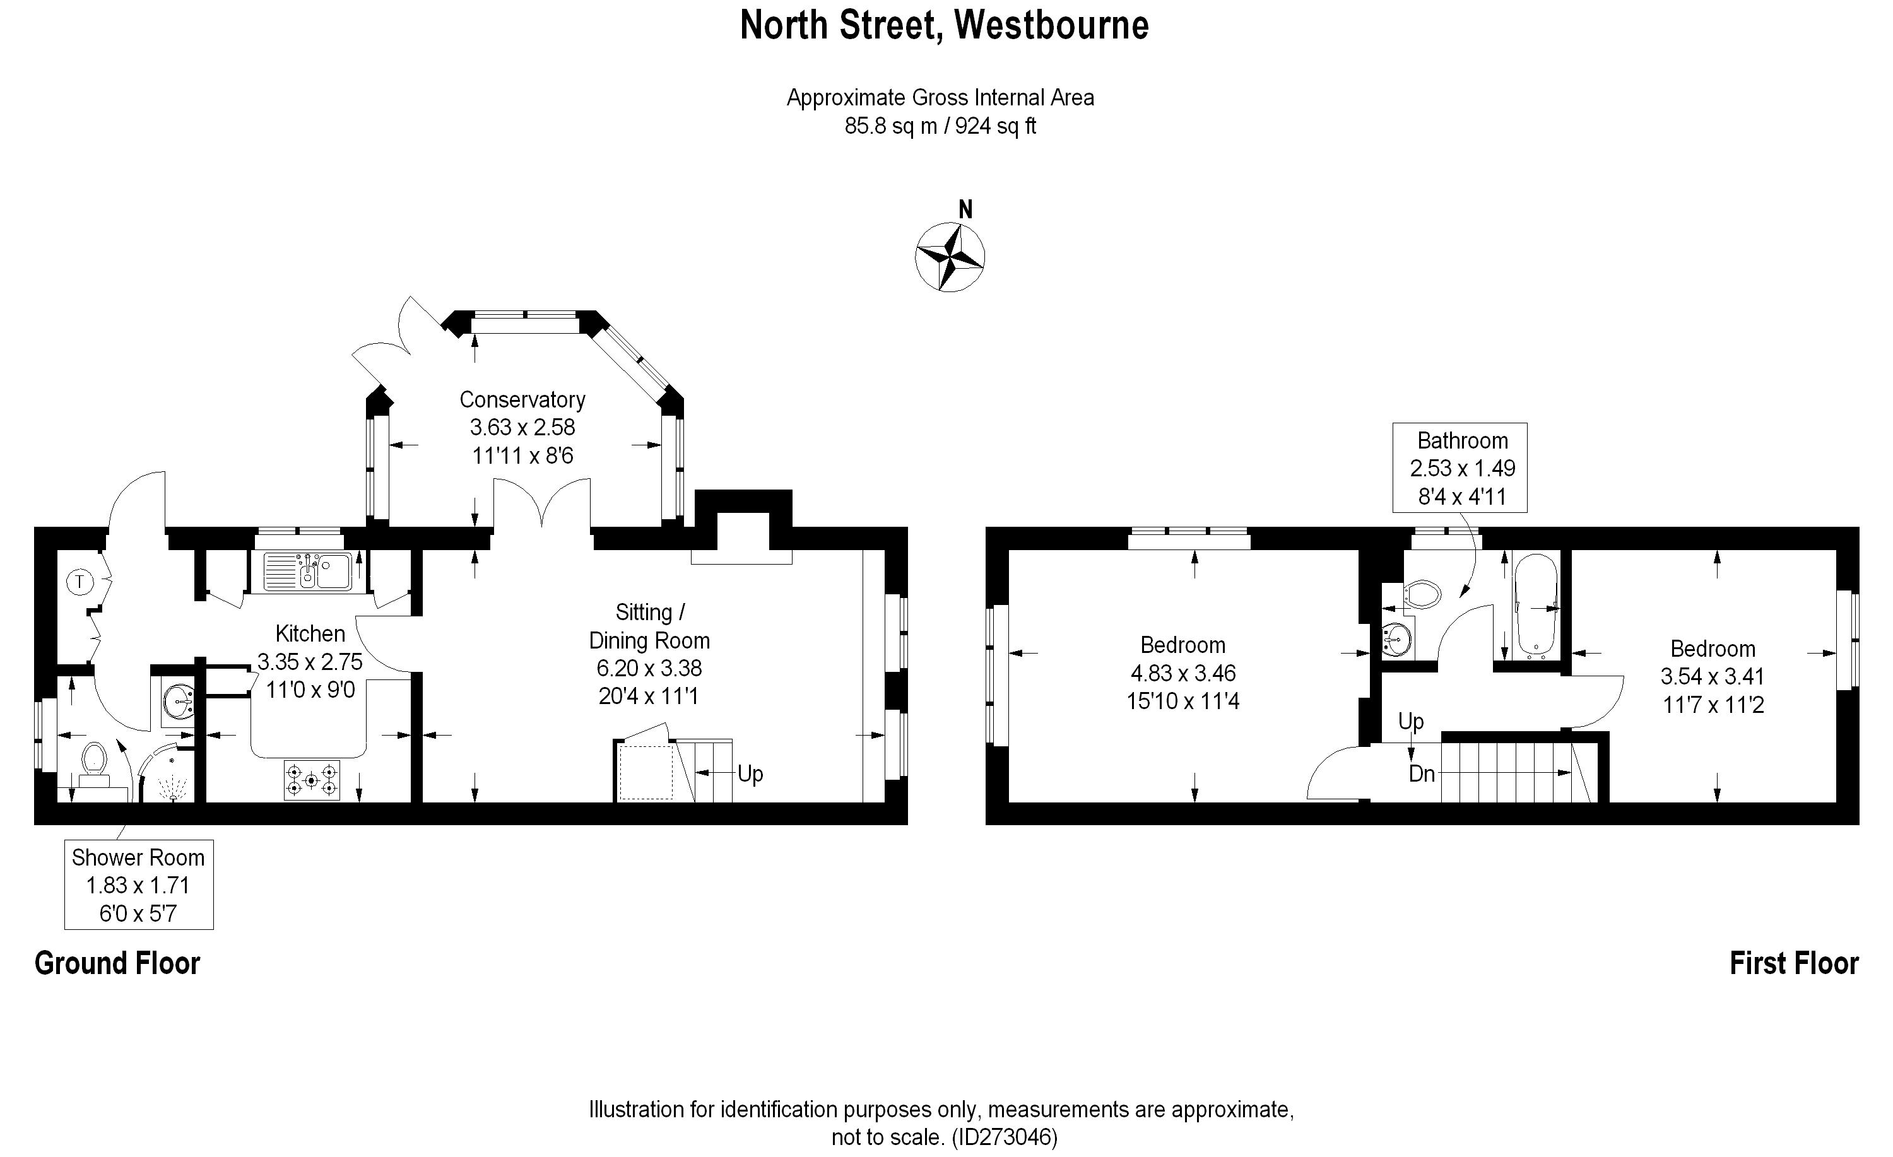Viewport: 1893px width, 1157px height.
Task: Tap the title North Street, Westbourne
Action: (944, 25)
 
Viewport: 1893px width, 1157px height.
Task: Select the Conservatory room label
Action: (522, 399)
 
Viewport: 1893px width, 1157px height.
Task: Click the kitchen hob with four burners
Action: (311, 780)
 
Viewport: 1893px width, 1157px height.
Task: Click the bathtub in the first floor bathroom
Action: (1535, 607)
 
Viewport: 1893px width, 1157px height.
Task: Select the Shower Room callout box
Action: (138, 885)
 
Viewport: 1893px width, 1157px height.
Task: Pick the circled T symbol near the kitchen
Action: (80, 582)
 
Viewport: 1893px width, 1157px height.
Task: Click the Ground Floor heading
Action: (117, 963)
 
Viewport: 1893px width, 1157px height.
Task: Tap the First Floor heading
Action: (1794, 963)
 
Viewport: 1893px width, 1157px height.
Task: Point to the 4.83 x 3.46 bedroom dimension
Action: (1183, 674)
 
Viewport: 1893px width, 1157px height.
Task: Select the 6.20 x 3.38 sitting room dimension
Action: (649, 668)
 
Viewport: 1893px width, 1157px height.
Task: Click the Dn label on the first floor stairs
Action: (1422, 773)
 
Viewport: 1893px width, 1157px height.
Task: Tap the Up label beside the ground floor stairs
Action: (751, 773)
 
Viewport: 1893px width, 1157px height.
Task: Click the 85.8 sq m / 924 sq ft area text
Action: (940, 126)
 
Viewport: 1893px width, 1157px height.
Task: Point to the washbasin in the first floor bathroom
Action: (1396, 638)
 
